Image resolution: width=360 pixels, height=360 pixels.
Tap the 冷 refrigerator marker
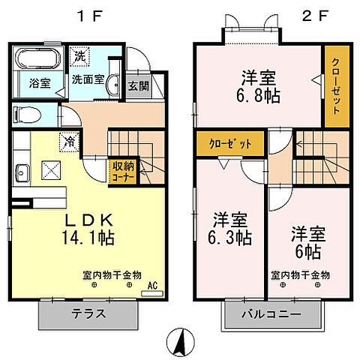[69, 139]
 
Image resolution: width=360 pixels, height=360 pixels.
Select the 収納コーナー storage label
[124, 172]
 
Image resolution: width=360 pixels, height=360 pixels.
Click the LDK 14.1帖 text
[87, 229]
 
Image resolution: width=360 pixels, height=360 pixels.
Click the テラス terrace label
[88, 313]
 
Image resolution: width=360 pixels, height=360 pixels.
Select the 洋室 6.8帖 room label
[257, 85]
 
